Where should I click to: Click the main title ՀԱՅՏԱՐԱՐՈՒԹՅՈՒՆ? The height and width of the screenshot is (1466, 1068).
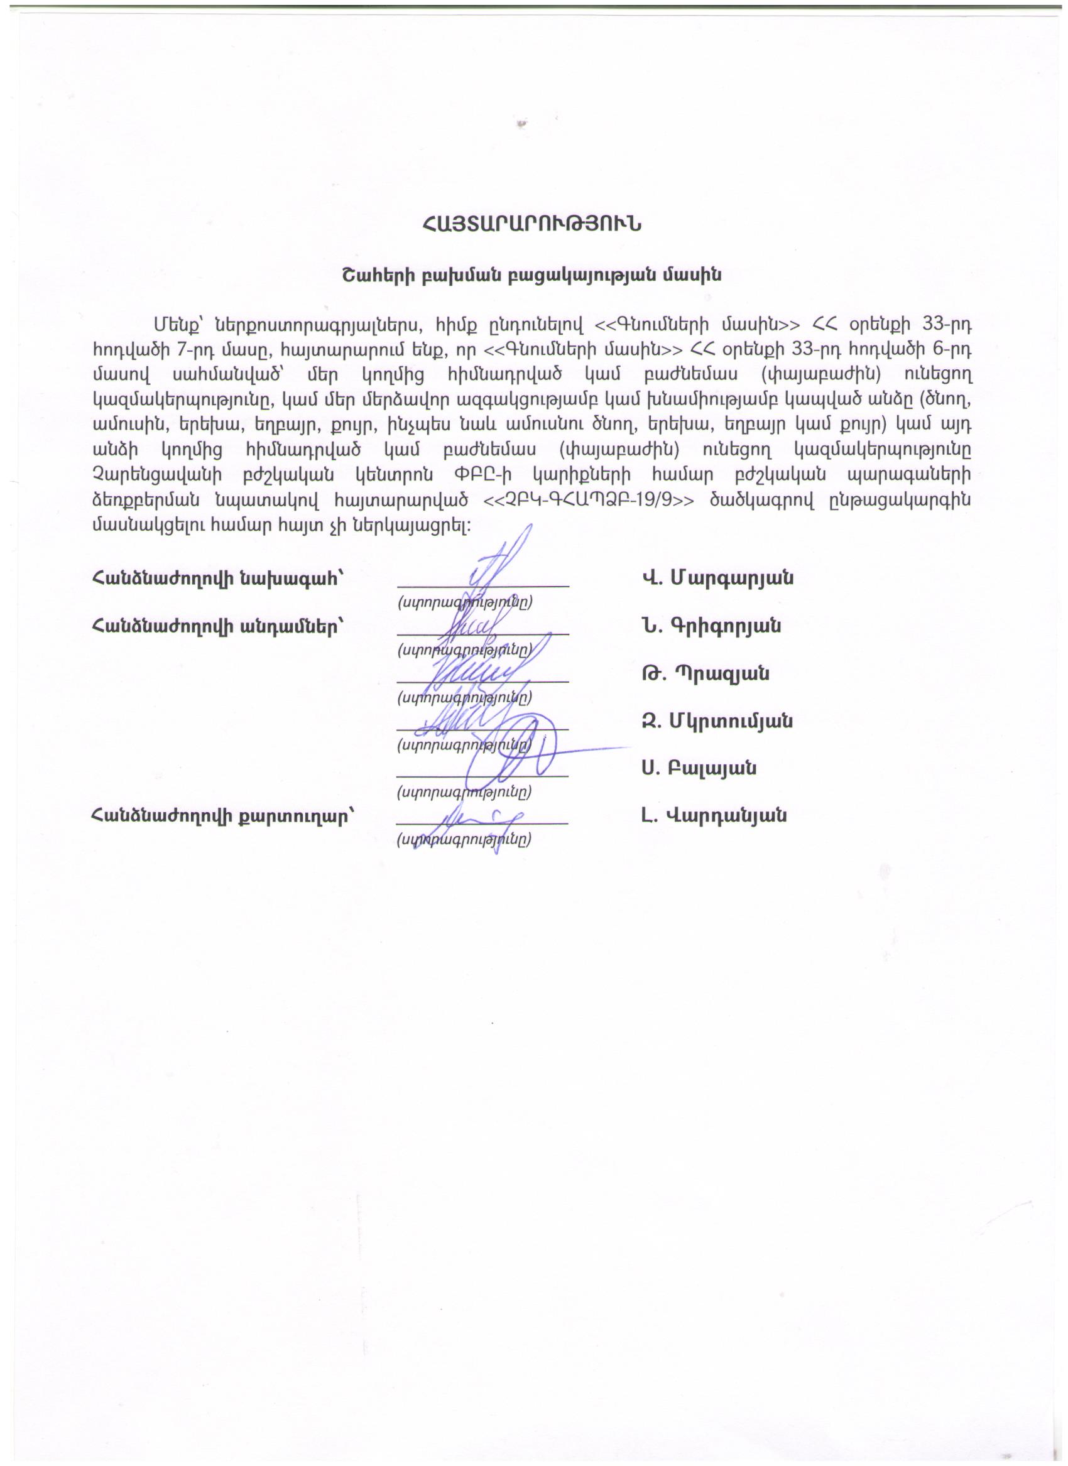pos(531,224)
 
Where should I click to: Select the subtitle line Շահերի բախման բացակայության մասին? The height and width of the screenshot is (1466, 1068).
pos(531,275)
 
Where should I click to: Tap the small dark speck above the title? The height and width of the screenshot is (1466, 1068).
pos(521,124)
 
